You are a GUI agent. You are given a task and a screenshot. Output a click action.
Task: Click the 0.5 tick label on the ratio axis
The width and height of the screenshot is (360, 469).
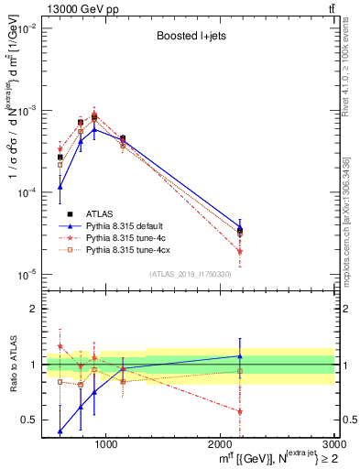pyautogui.click(x=34, y=420)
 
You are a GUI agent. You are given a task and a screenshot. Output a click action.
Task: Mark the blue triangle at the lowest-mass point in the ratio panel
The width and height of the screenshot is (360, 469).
pyautogui.click(x=60, y=431)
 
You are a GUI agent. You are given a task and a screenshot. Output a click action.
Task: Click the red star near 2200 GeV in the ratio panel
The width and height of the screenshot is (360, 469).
pyautogui.click(x=240, y=411)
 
